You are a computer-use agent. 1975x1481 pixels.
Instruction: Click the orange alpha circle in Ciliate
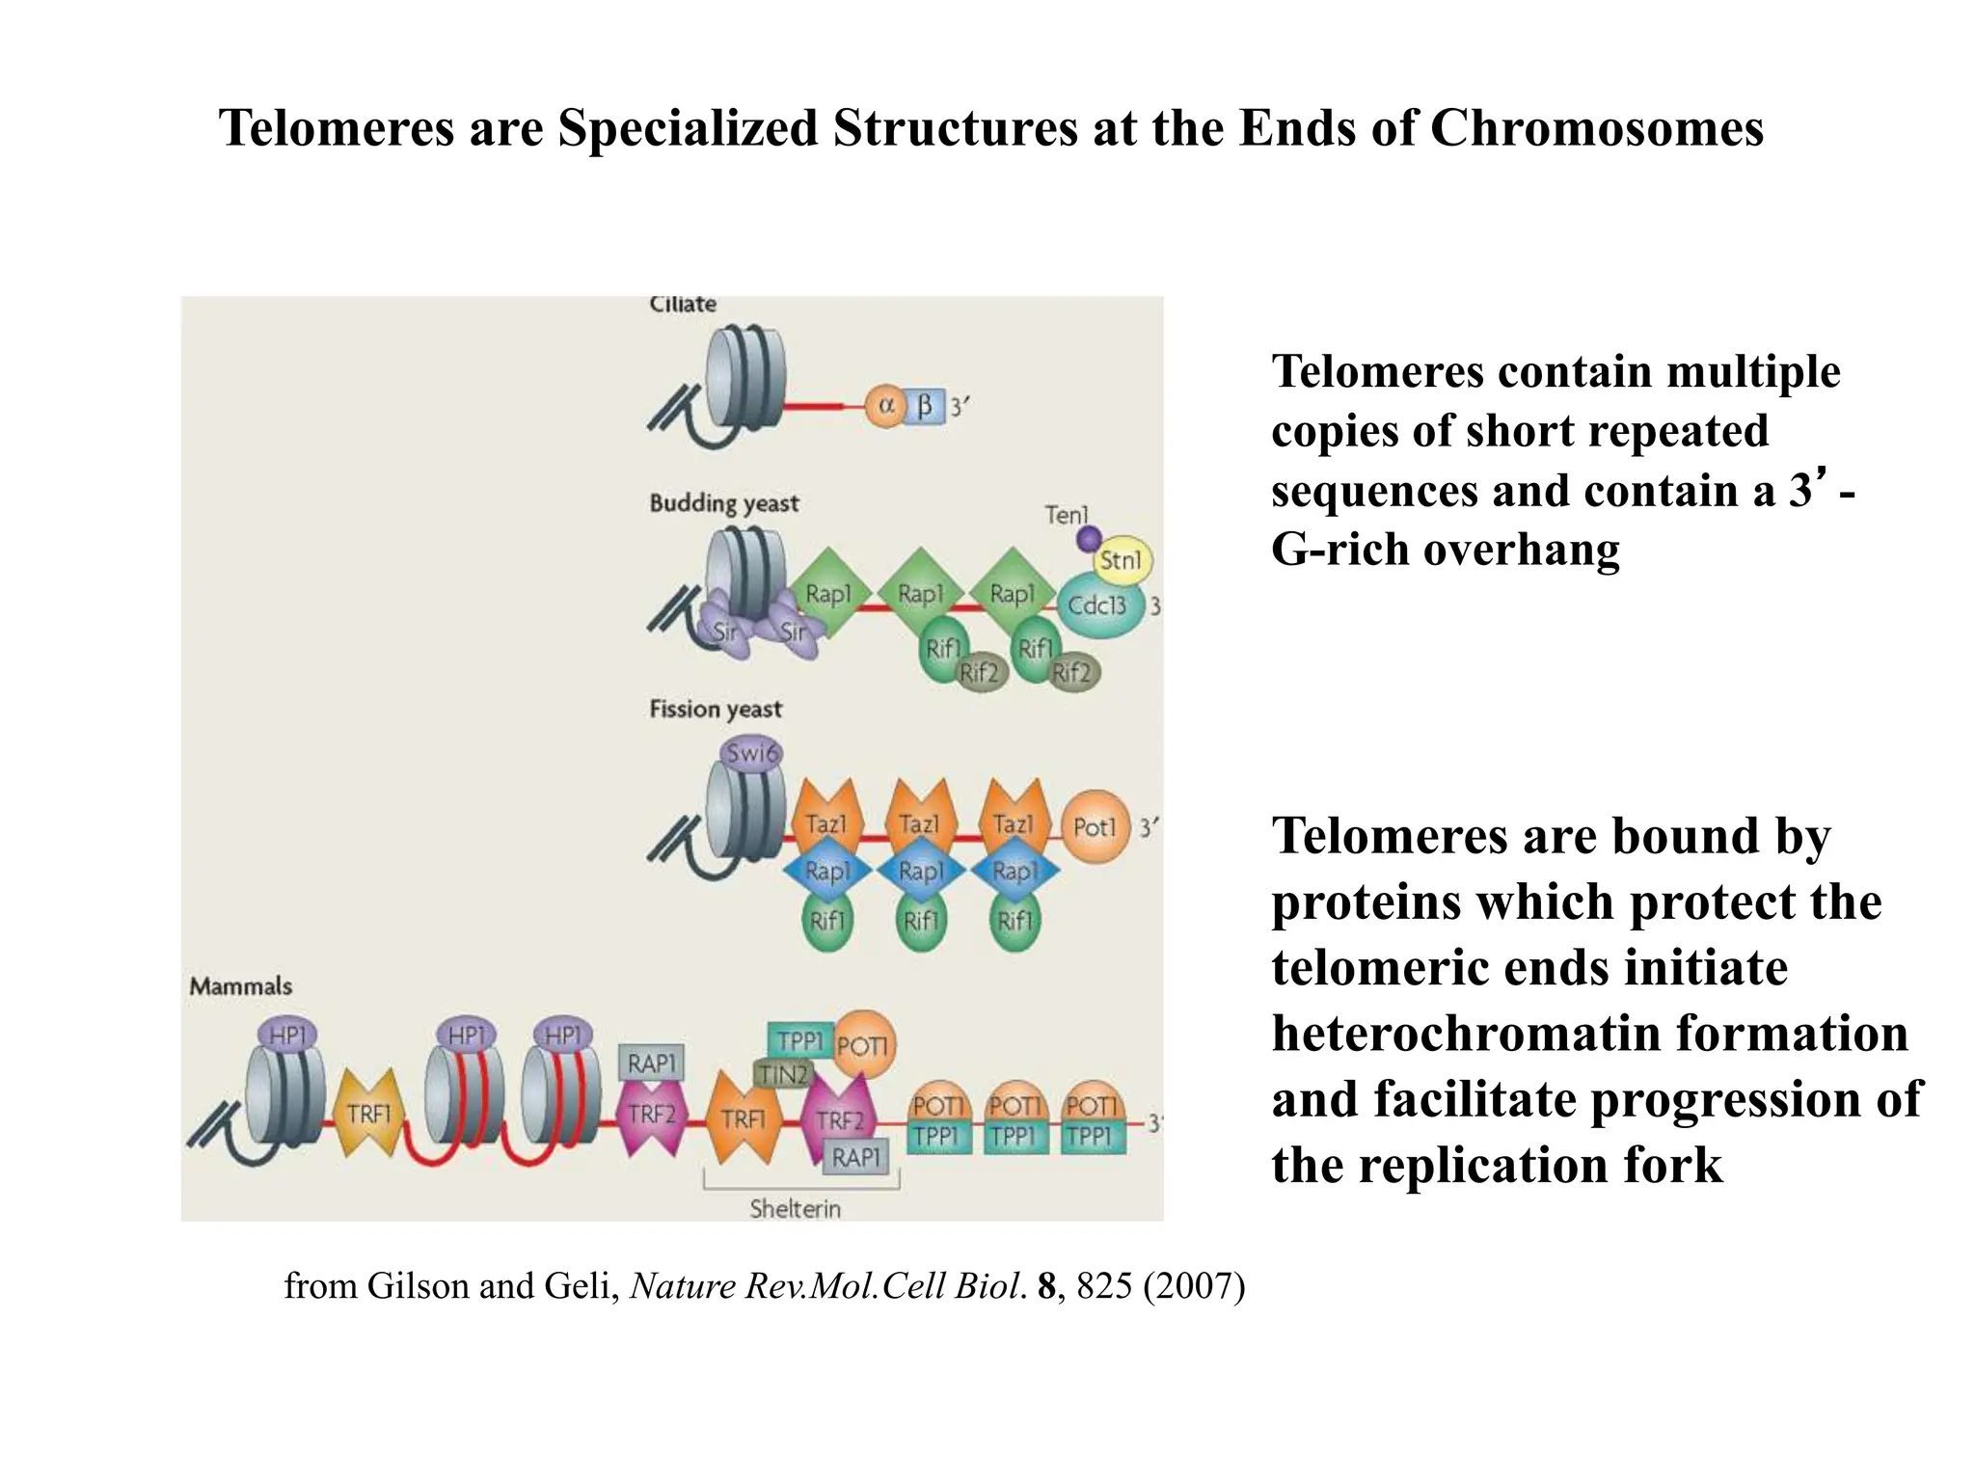pyautogui.click(x=883, y=406)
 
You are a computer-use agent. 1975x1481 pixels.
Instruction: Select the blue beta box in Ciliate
pyautogui.click(x=924, y=406)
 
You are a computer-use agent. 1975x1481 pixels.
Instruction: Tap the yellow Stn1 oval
pyautogui.click(x=1121, y=560)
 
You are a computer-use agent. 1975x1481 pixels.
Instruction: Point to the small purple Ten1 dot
pyautogui.click(x=1089, y=538)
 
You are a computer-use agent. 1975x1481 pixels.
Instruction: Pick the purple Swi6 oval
pyautogui.click(x=751, y=753)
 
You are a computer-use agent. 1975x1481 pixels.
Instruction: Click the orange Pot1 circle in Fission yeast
pyautogui.click(x=1095, y=827)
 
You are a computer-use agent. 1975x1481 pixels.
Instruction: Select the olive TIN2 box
pyautogui.click(x=782, y=1074)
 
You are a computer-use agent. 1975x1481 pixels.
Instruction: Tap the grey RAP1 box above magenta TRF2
pyautogui.click(x=652, y=1064)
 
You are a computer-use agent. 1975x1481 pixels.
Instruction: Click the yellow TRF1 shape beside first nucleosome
pyautogui.click(x=368, y=1114)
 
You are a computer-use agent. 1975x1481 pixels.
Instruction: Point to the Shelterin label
pyautogui.click(x=796, y=1208)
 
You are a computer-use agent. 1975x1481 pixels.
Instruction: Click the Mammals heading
pyautogui.click(x=240, y=985)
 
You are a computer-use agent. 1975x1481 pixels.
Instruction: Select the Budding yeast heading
pyautogui.click(x=724, y=503)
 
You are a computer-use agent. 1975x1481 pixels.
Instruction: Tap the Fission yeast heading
pyautogui.click(x=716, y=710)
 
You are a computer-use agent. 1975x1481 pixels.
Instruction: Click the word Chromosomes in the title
pyautogui.click(x=1596, y=128)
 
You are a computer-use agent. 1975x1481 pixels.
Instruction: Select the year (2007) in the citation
pyautogui.click(x=1194, y=1286)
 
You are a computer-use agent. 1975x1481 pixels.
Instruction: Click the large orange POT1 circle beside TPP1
pyautogui.click(x=863, y=1045)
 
